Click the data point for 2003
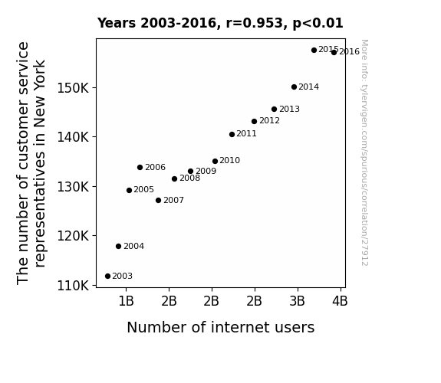(107, 277)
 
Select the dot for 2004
(118, 247)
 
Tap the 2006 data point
(140, 168)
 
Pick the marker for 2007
(158, 201)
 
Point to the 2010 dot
(216, 162)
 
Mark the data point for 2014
(295, 87)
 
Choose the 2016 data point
(334, 53)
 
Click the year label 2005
(143, 190)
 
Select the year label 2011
(246, 134)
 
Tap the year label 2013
(289, 109)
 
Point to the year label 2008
(190, 178)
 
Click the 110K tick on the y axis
(73, 286)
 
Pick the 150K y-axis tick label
(73, 88)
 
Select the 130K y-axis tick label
(73, 187)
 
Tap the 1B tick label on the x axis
(126, 302)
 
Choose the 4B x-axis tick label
(340, 302)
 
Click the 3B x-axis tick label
(298, 302)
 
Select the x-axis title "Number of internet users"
(221, 328)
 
